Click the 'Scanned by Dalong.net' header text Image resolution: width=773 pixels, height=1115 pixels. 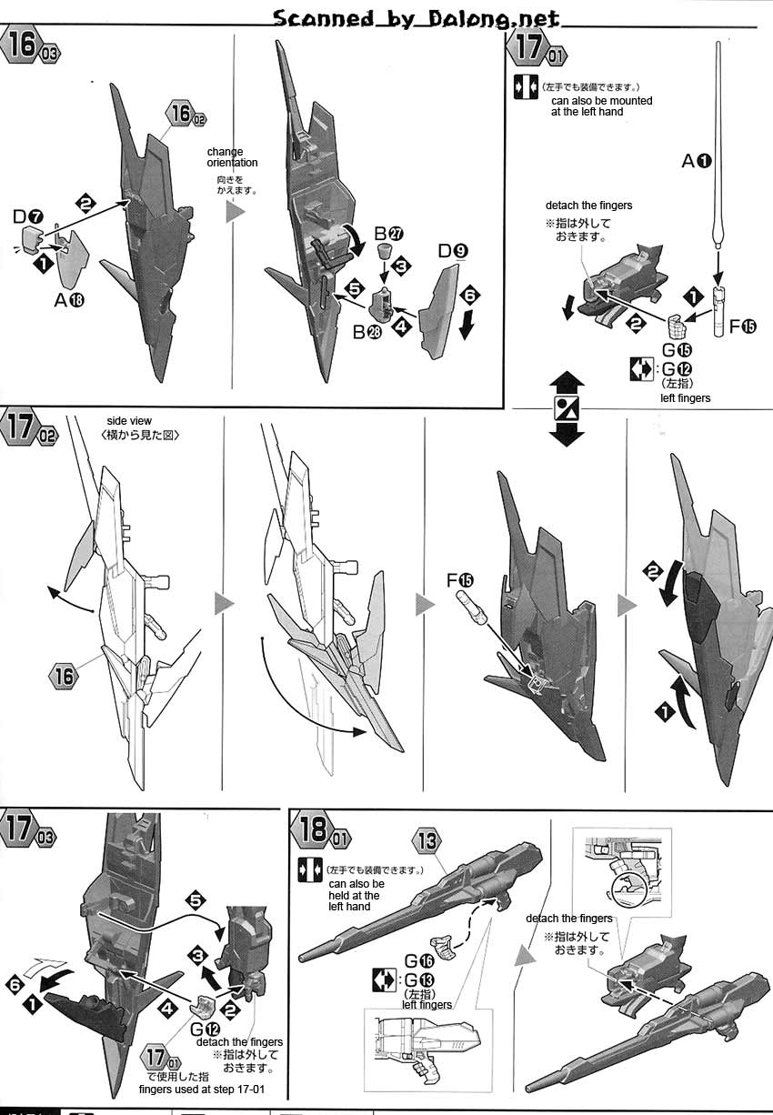coord(417,18)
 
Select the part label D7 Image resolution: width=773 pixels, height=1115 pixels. coord(28,216)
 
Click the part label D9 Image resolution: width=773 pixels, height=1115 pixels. coord(452,250)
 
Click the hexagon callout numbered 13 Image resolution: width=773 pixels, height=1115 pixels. coord(428,841)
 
